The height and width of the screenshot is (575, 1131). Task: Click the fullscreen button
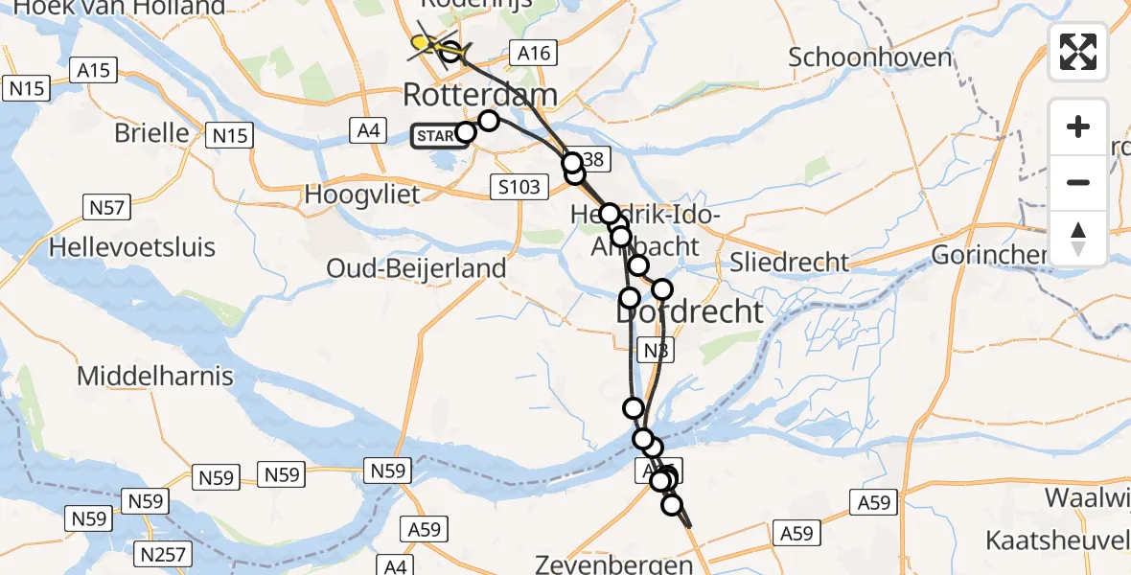(x=1078, y=51)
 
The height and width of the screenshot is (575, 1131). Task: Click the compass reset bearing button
(x=1078, y=238)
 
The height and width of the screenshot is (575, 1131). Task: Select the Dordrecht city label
(x=689, y=311)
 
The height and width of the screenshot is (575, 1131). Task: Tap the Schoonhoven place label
(x=870, y=57)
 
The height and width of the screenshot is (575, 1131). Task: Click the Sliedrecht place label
(x=789, y=262)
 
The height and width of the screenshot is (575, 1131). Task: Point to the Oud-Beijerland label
(x=416, y=267)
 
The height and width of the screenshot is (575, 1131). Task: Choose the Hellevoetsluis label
(x=132, y=247)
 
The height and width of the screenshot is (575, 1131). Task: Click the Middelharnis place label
(x=154, y=376)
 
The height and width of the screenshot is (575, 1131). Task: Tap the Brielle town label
(x=151, y=132)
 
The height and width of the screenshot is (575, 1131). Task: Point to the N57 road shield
(x=105, y=206)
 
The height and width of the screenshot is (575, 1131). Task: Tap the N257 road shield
(x=165, y=554)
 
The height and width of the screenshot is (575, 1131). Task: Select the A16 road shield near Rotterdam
(x=534, y=54)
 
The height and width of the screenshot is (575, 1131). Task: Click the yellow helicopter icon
(x=422, y=43)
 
